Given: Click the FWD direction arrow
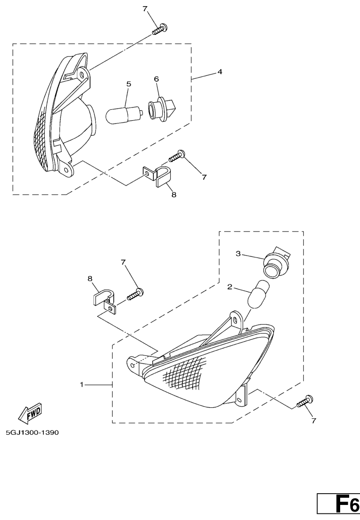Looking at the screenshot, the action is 30,414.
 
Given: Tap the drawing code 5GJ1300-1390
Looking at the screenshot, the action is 32,433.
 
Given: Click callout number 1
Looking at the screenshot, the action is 81,384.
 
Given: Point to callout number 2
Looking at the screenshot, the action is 230,287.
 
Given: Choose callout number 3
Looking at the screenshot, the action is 238,254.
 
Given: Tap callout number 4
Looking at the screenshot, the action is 220,72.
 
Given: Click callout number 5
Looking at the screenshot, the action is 128,84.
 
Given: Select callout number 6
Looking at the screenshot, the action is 156,79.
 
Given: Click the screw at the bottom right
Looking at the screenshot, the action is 305,401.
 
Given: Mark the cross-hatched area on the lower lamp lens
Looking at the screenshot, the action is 186,374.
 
